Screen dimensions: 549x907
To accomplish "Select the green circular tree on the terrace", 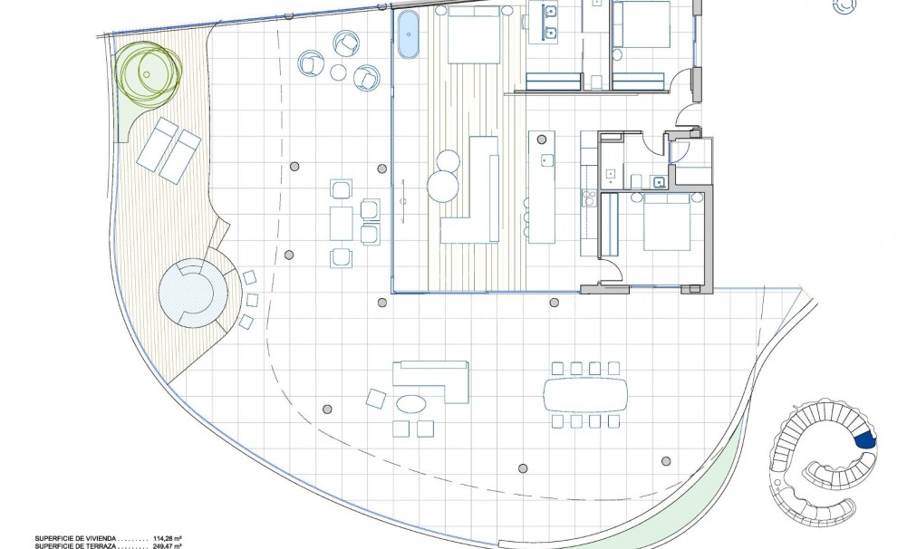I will (148, 70).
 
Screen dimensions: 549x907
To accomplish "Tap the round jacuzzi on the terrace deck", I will (192, 294).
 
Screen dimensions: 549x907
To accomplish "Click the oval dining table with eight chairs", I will (585, 394).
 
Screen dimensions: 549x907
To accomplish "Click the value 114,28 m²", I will (169, 536).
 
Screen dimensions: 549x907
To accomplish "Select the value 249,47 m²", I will (169, 545).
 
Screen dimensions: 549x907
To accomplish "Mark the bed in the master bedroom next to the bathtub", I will (473, 34).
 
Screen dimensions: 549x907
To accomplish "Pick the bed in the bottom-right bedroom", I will (669, 222).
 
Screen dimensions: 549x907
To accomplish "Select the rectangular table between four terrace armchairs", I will (342, 223).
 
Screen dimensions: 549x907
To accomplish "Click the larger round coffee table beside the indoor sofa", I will (443, 187).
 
